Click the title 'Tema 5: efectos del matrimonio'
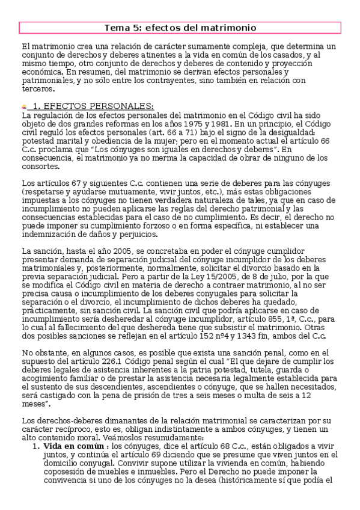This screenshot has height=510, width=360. [x=180, y=28]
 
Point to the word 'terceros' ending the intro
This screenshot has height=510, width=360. [x=37, y=88]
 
